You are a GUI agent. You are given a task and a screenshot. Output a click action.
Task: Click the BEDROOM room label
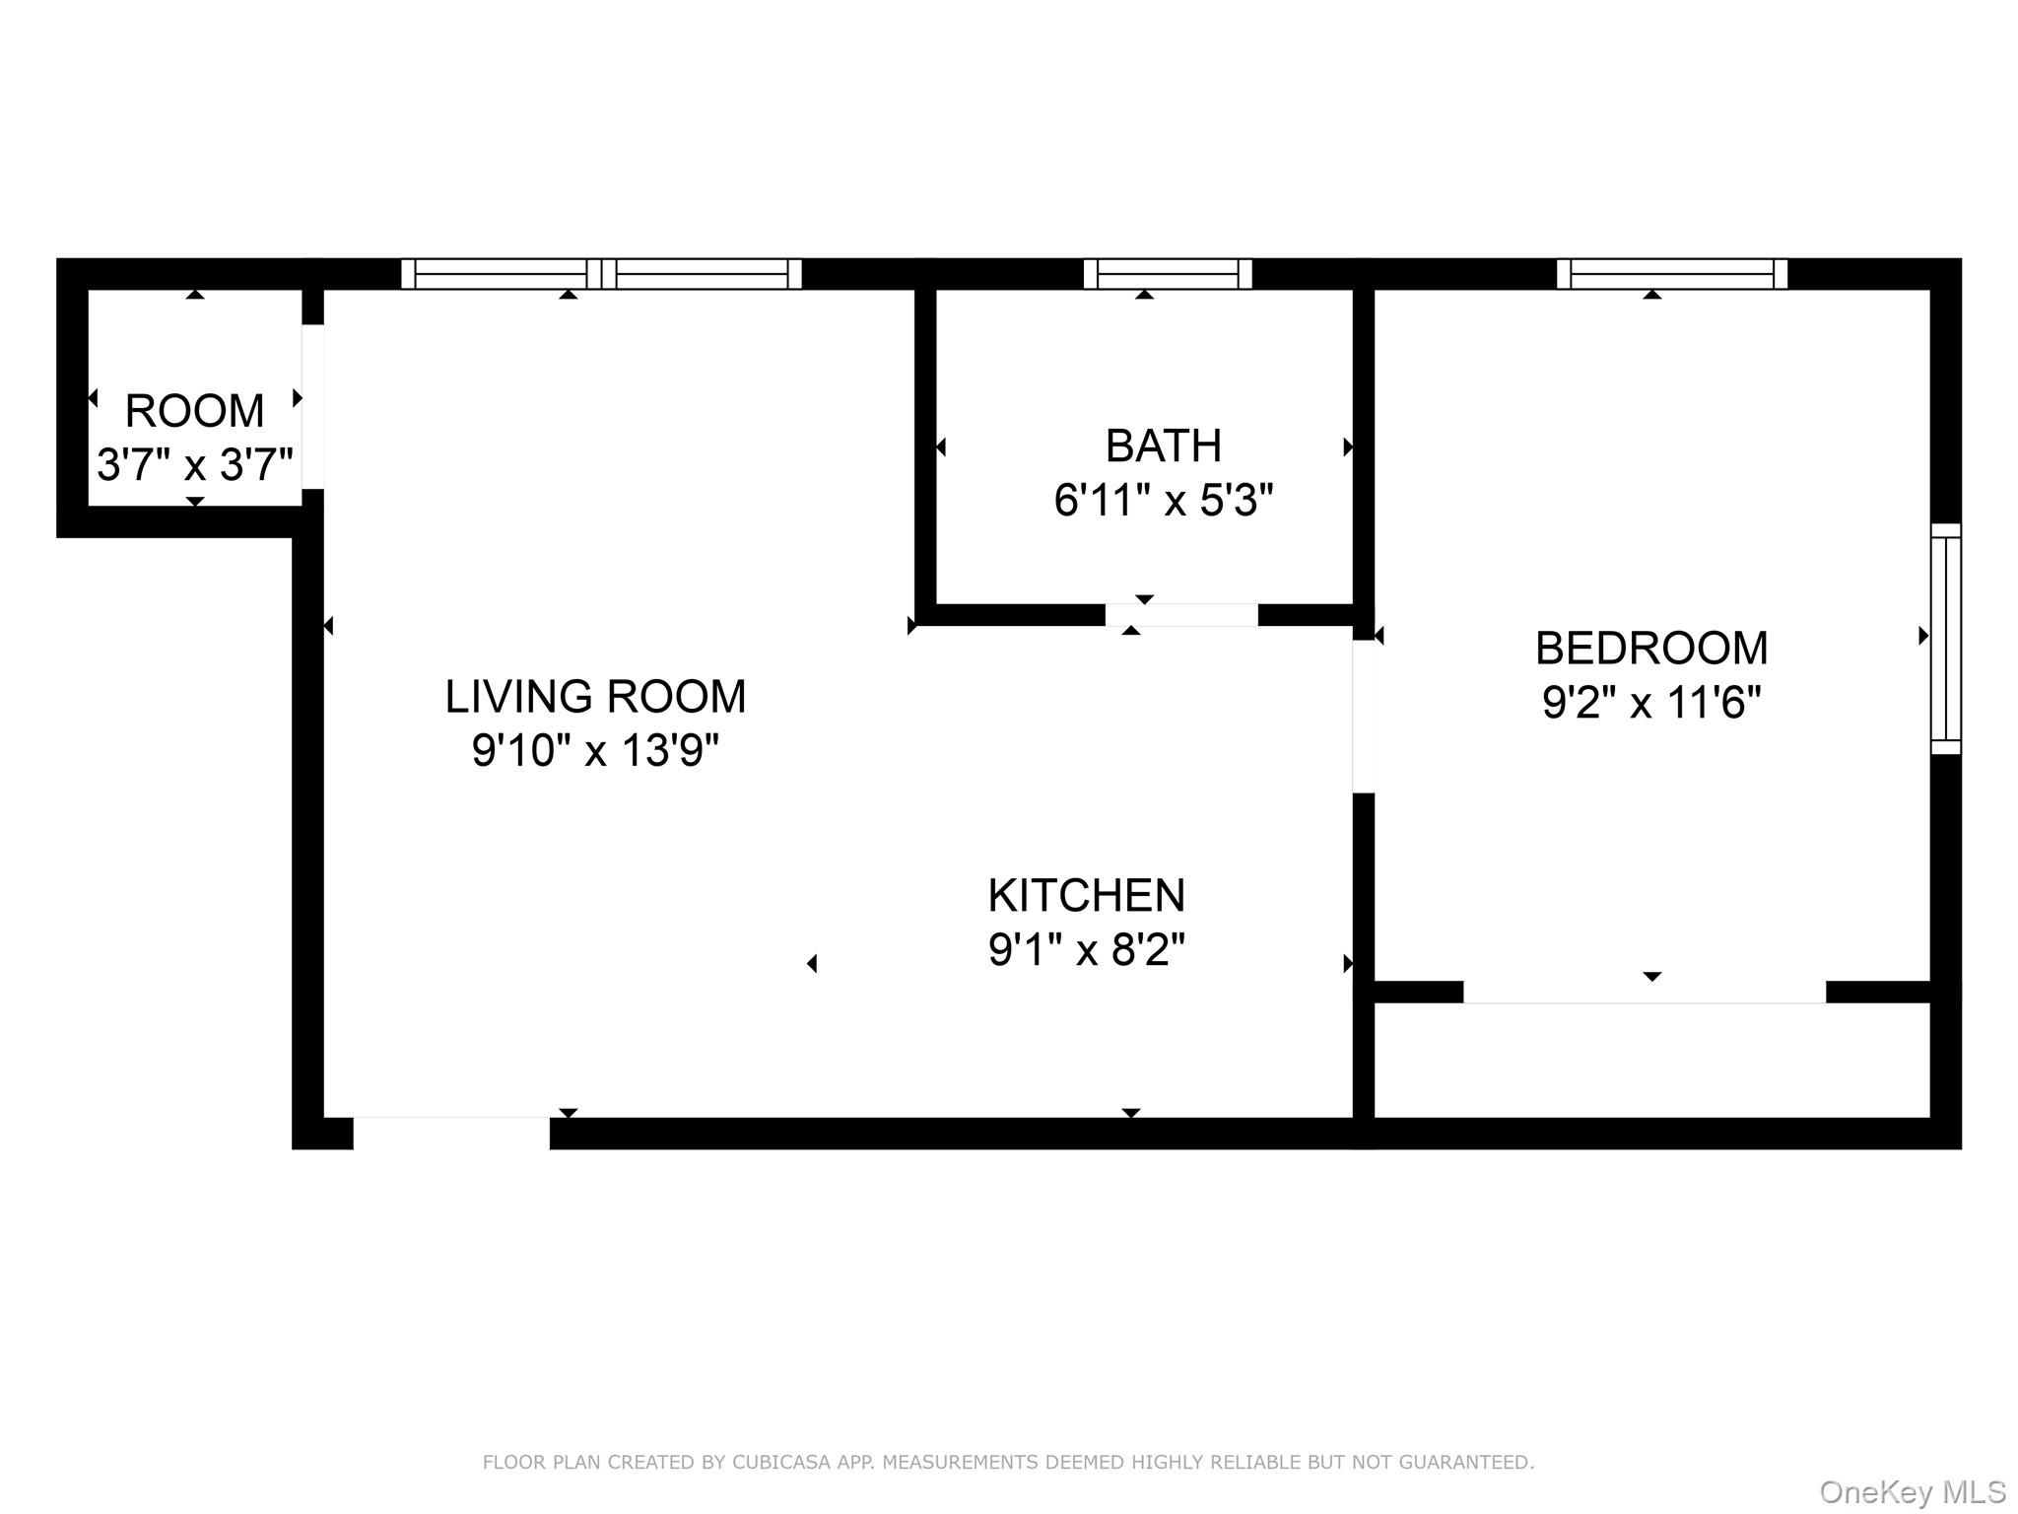1651,649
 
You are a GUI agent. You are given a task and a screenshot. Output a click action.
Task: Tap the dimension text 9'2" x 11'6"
1651,704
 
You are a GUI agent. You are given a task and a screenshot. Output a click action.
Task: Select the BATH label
1163,447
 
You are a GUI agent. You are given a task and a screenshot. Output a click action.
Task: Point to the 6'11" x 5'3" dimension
1163,502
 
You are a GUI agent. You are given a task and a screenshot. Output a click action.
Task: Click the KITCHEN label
1086,896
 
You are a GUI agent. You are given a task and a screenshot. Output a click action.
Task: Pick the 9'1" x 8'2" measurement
1086,951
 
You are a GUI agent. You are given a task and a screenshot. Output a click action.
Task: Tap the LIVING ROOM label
595,697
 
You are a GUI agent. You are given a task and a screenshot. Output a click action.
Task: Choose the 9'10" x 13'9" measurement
595,751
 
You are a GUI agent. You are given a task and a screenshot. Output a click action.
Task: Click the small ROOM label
194,411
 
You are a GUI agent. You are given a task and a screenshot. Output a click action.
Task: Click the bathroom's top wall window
1167,274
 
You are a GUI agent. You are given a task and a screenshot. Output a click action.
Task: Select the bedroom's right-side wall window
1945,639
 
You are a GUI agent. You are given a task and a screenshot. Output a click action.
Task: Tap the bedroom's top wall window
1671,274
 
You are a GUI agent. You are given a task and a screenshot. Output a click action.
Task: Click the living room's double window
601,274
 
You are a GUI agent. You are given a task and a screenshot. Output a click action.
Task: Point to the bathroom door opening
1180,615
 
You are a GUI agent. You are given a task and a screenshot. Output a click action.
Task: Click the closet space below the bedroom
1651,1061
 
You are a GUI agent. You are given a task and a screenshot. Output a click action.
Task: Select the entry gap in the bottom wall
451,1134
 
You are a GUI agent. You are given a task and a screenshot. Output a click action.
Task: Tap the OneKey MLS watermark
1912,1492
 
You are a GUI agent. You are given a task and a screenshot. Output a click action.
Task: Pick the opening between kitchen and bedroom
1363,718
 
